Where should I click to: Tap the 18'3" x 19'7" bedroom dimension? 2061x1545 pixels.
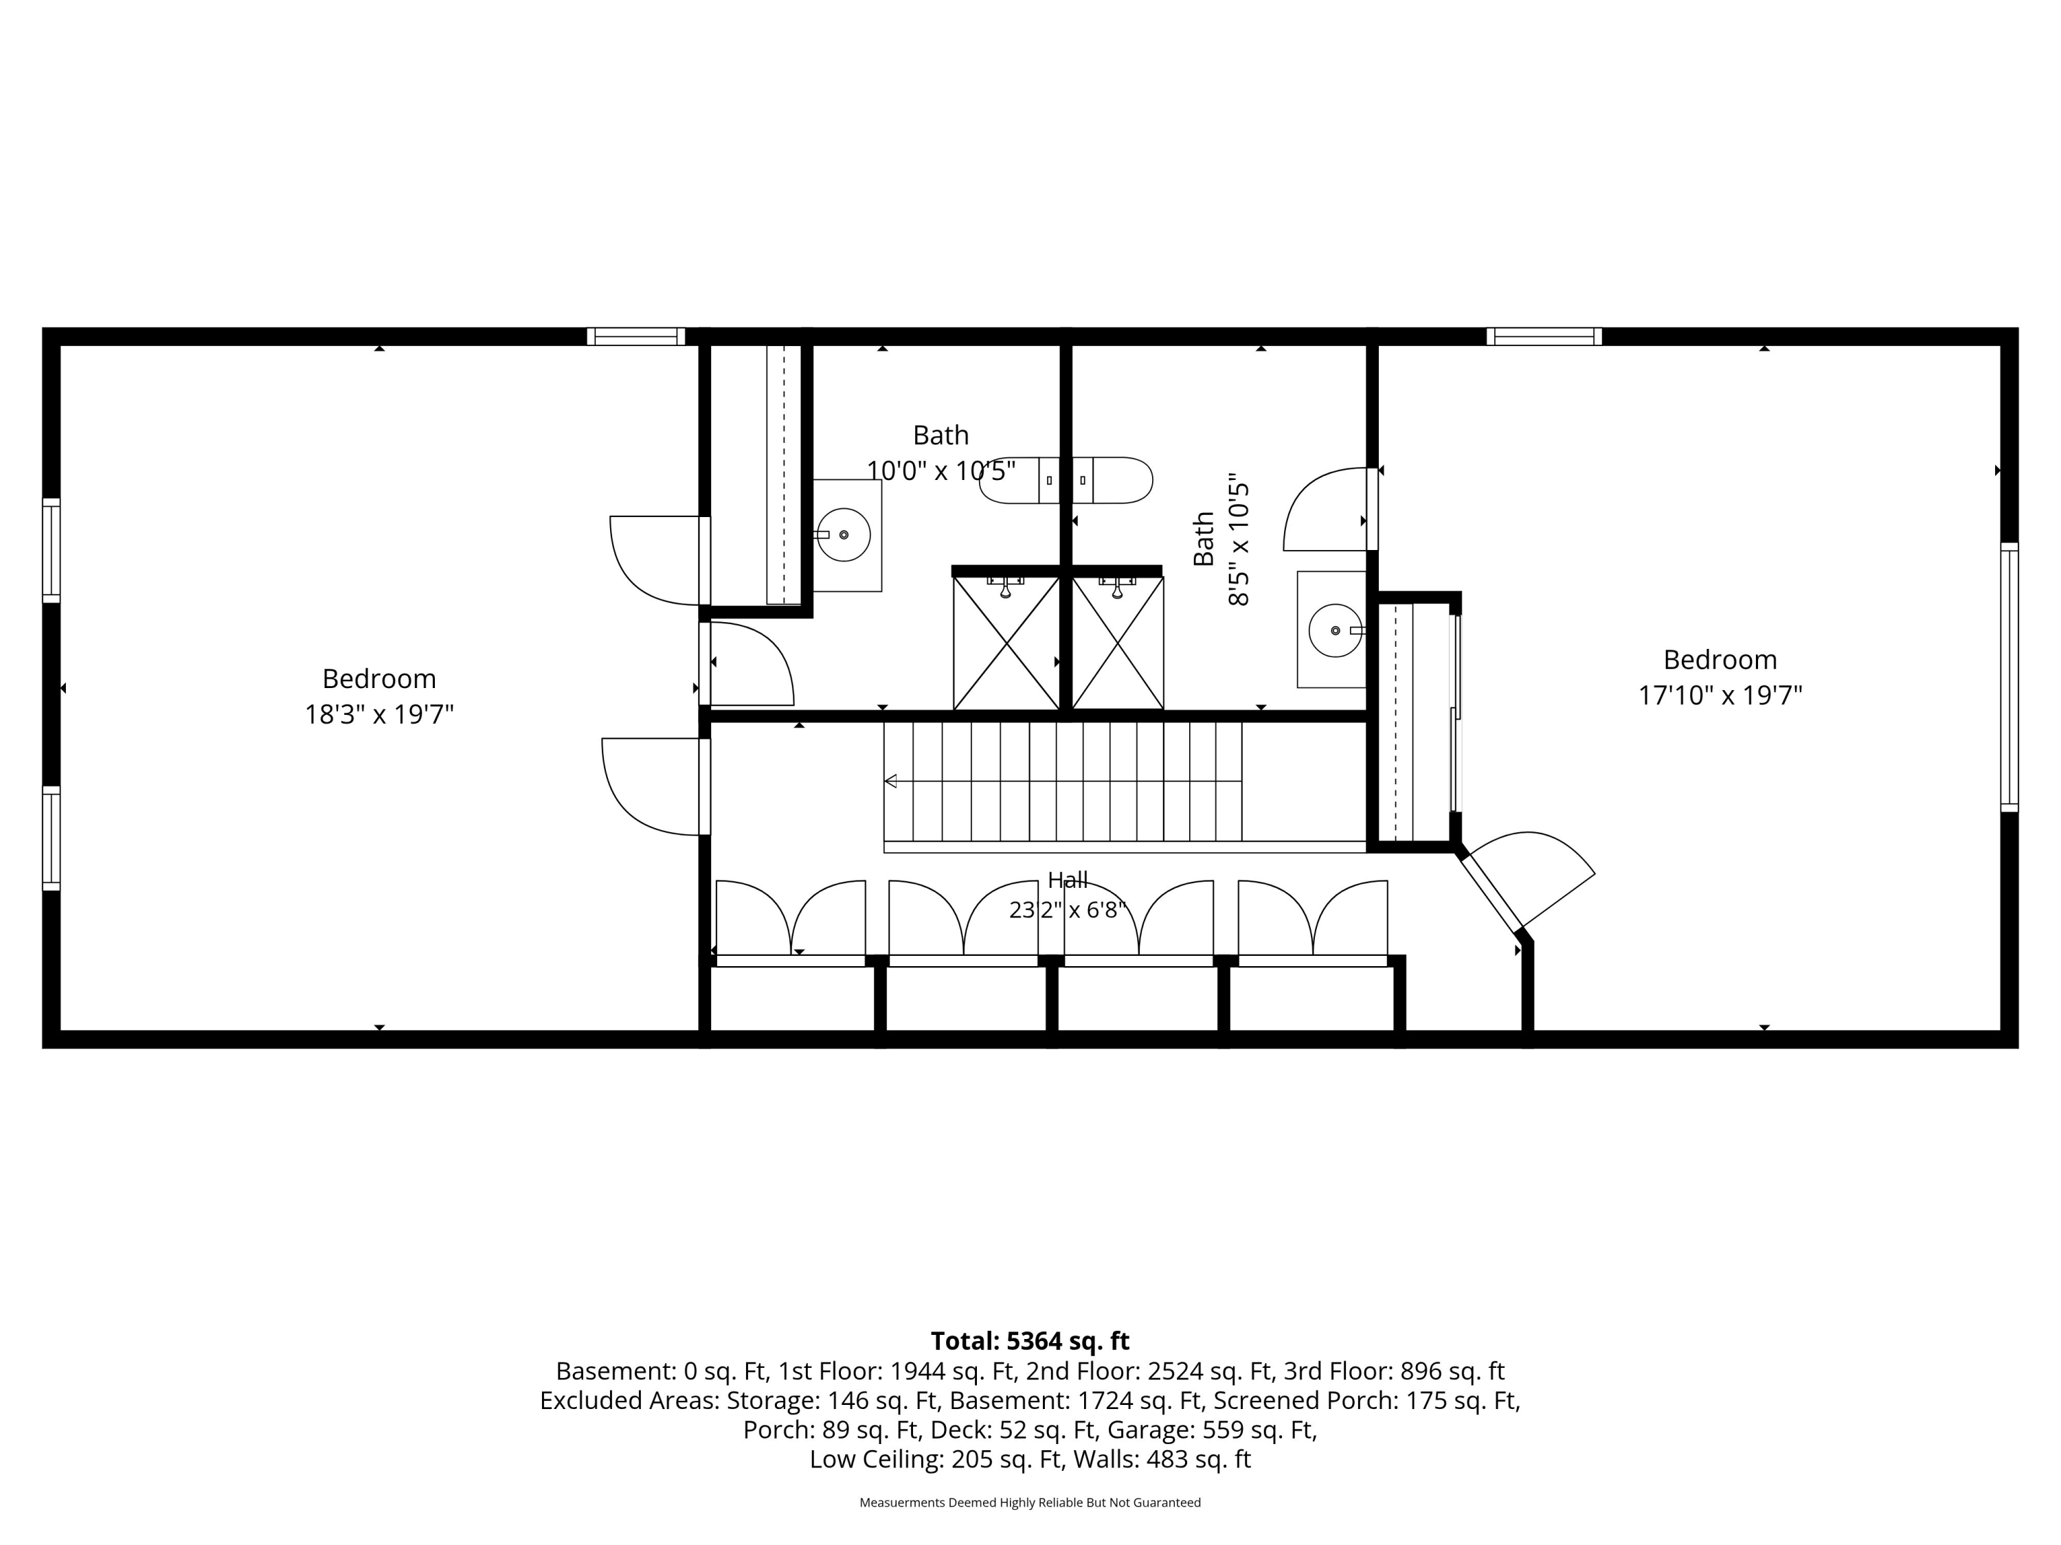pyautogui.click(x=379, y=714)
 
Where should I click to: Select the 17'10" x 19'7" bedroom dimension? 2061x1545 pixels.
pyautogui.click(x=1720, y=696)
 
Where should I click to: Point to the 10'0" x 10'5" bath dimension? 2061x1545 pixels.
pyautogui.click(x=941, y=470)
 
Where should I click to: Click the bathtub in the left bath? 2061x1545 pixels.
pyautogui.click(x=1066, y=481)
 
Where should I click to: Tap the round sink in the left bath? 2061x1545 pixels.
pyautogui.click(x=844, y=534)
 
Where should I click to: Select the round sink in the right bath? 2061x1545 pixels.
pyautogui.click(x=1335, y=630)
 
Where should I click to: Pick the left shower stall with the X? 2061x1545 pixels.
pyautogui.click(x=1006, y=643)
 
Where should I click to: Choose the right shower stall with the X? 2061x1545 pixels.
pyautogui.click(x=1118, y=643)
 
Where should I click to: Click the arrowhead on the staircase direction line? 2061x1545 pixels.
pyautogui.click(x=890, y=781)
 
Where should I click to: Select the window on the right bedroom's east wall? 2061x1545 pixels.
pyautogui.click(x=2009, y=677)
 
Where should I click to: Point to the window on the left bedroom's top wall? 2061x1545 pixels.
pyautogui.click(x=636, y=336)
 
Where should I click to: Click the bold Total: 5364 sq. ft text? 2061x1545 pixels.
pyautogui.click(x=1030, y=1341)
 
